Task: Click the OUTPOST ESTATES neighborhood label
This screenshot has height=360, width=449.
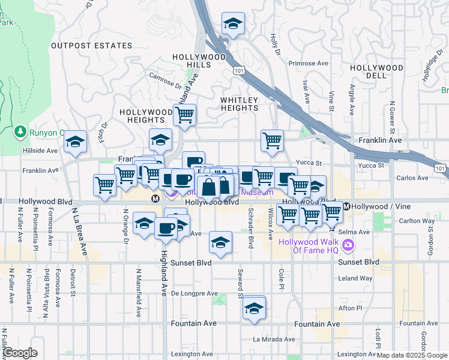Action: click(x=91, y=46)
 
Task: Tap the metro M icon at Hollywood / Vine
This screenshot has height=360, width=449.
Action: click(x=346, y=206)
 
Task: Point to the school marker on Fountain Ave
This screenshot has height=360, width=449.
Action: click(x=255, y=309)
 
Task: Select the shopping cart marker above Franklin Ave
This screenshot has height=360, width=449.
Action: click(x=273, y=140)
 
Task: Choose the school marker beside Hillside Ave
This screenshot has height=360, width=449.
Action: click(x=76, y=142)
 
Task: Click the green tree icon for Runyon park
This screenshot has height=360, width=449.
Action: click(x=20, y=131)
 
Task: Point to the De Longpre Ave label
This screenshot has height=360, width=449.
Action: click(x=194, y=293)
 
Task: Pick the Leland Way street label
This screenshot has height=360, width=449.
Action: click(x=355, y=278)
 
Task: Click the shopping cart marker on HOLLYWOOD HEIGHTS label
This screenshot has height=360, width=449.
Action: click(x=185, y=114)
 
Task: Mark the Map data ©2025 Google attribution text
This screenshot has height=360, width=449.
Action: click(x=412, y=355)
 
